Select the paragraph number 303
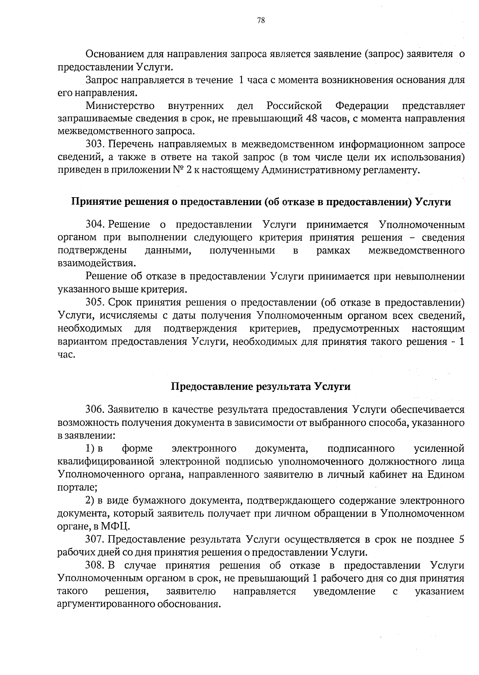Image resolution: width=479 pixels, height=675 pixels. (95, 144)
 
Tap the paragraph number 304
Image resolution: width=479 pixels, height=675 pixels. (95, 225)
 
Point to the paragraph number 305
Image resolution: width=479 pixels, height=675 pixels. (95, 302)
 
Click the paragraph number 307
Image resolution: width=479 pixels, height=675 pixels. (95, 540)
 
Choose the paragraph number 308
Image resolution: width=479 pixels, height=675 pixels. (95, 566)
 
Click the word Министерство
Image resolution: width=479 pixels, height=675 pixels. (121, 106)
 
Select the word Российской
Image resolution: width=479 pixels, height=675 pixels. (295, 106)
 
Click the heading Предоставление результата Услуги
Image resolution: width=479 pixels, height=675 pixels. (261, 387)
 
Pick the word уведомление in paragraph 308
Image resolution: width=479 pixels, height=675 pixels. (344, 591)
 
